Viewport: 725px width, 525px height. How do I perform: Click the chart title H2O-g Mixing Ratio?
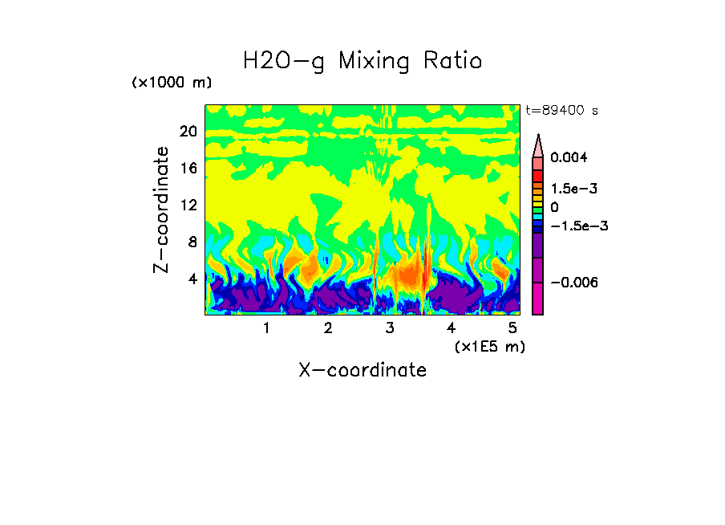point(362,60)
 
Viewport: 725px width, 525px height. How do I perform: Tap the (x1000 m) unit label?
point(172,83)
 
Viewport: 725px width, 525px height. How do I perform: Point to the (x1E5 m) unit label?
point(489,346)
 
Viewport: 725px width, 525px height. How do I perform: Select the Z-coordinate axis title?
point(162,210)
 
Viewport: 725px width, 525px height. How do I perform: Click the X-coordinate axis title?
point(362,370)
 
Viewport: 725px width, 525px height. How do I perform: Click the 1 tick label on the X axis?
point(266,328)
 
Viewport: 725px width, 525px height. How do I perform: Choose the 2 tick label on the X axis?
point(328,328)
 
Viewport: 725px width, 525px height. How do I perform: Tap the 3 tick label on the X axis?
point(390,328)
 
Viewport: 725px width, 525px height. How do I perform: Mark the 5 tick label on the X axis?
point(513,328)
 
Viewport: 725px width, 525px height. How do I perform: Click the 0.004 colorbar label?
point(569,158)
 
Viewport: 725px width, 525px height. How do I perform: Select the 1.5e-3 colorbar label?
point(574,189)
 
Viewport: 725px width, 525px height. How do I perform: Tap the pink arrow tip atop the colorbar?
point(538,144)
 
